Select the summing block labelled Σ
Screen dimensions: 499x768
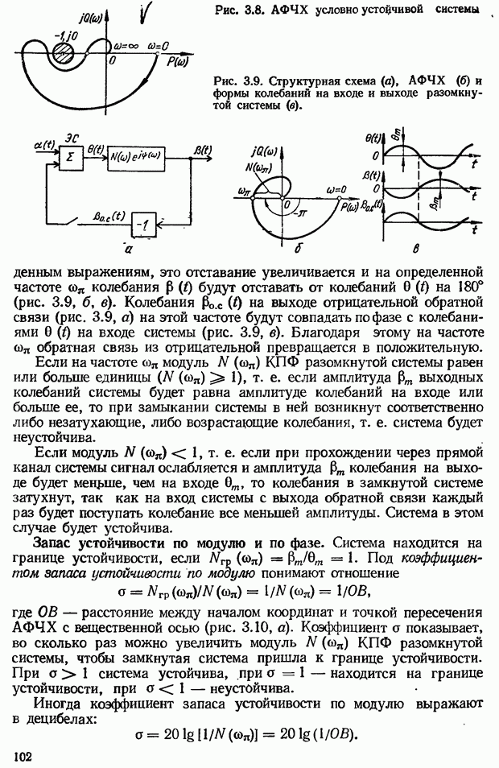(70, 158)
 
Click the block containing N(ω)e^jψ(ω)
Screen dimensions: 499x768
(136, 158)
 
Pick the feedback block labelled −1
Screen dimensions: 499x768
(143, 225)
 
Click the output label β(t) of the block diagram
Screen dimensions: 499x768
(202, 150)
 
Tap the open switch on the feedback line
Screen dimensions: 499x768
(72, 223)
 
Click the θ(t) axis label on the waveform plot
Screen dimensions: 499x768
(373, 138)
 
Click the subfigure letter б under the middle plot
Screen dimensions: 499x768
(297, 249)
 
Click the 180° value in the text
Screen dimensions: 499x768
(470, 286)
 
